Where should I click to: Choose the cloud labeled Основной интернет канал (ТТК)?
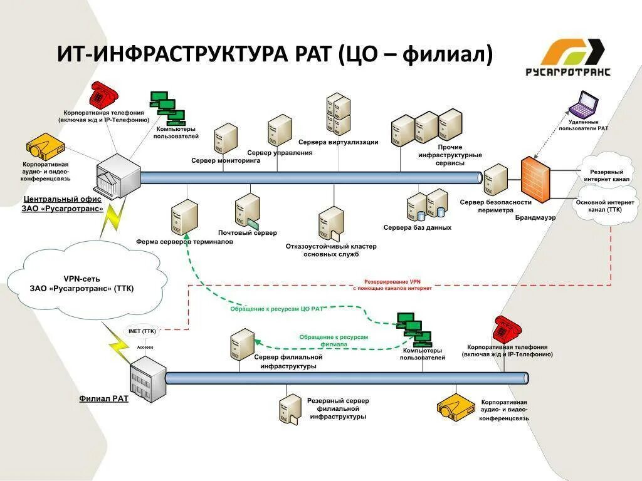606,206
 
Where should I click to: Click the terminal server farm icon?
184,217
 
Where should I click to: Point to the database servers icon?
427,205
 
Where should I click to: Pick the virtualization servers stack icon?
337,114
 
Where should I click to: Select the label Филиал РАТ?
103,398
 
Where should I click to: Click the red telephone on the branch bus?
507,329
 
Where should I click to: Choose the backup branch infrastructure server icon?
290,408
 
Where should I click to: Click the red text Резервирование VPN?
392,282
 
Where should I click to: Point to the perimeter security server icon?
495,180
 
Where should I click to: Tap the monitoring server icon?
226,138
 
